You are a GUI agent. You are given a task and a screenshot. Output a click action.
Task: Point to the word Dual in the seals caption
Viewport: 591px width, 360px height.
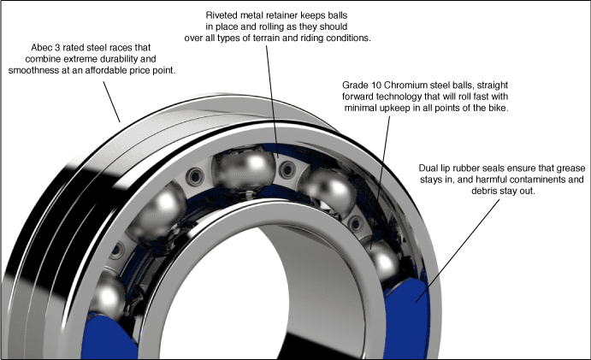(x=431, y=168)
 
